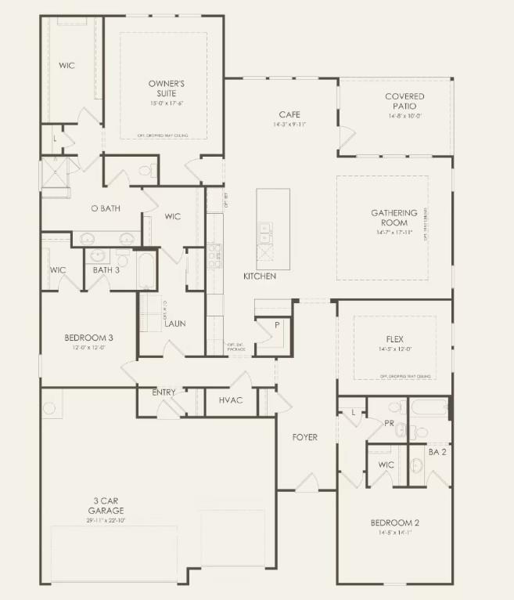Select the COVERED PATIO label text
coord(404,101)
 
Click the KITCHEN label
coord(259,277)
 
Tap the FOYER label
coord(305,437)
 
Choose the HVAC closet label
coord(231,400)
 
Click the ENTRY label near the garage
coord(164,392)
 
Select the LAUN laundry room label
coord(174,323)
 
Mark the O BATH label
coord(104,208)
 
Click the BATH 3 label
coord(106,270)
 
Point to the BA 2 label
coord(437,452)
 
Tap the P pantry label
coord(276,324)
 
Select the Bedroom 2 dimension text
coord(395,532)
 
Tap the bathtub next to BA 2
coord(429,408)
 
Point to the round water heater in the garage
coord(49,408)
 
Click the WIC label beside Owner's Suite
coord(66,65)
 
